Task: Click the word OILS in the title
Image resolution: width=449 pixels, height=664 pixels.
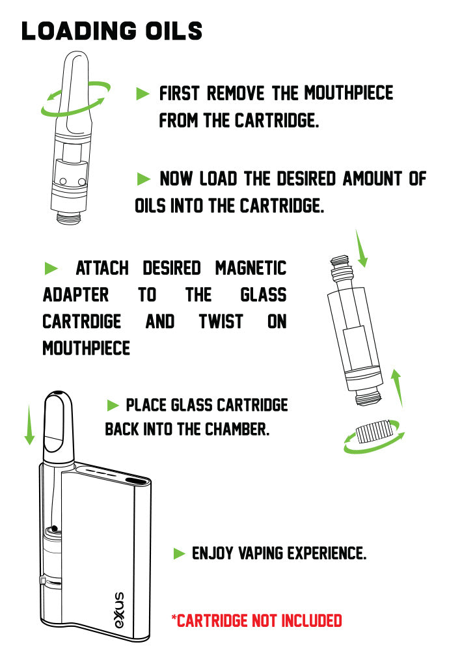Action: pos(174,31)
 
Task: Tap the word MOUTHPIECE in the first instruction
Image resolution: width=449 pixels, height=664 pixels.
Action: pos(349,93)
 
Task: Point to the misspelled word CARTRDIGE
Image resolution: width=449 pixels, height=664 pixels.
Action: pos(82,322)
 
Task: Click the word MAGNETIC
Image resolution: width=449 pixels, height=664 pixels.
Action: pos(251,268)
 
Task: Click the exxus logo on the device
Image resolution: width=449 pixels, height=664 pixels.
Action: pos(120,610)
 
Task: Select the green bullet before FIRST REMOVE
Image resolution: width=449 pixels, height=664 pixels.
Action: pos(143,94)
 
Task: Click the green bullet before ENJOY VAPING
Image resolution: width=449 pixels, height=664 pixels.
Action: pos(180,553)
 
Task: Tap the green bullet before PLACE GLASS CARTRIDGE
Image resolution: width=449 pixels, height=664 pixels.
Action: pos(113,406)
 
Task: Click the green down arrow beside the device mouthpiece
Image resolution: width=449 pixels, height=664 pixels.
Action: pos(29,425)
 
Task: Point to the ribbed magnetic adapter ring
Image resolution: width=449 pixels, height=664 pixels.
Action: pos(374,432)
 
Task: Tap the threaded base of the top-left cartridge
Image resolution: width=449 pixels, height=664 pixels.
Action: pos(68,217)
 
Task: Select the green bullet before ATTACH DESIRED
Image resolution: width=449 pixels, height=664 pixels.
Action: pos(51,268)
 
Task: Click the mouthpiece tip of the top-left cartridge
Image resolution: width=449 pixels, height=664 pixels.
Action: pos(76,57)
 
